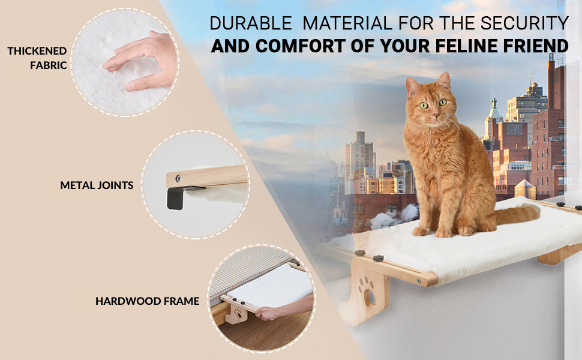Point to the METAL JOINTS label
tap(97, 185)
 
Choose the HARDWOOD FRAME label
tap(147, 301)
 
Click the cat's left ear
tap(443, 81)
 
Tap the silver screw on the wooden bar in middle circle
tap(178, 178)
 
